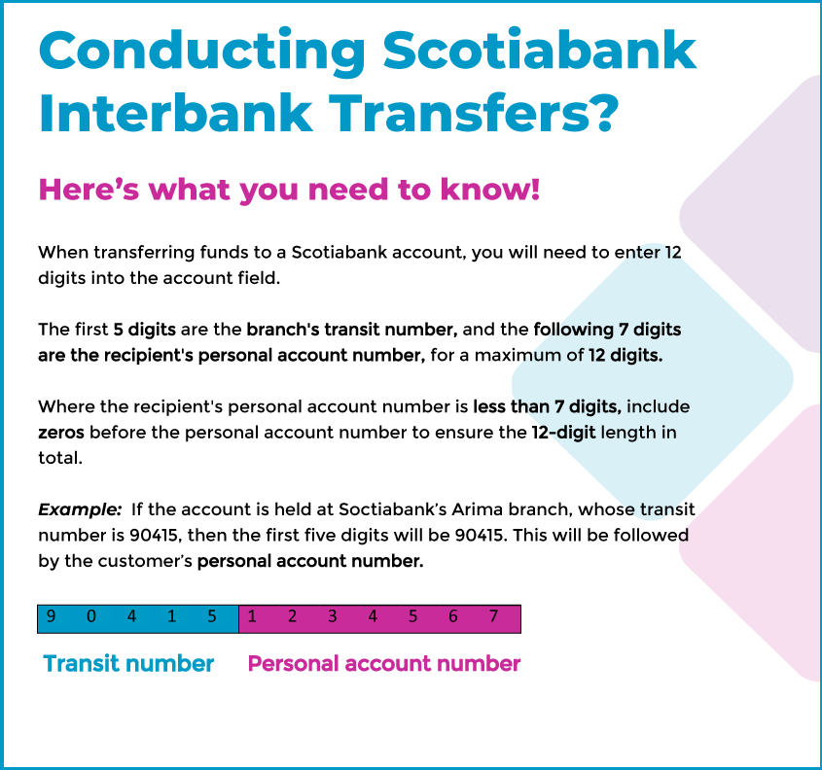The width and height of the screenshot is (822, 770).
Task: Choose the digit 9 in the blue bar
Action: pos(51,616)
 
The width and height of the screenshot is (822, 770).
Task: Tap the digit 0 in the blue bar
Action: pos(91,616)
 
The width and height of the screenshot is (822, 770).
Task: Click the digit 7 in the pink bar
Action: pos(493,616)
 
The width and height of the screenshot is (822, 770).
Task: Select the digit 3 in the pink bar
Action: pos(332,616)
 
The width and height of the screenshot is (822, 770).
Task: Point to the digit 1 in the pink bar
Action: pos(252,616)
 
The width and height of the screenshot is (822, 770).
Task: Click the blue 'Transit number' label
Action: pos(128,664)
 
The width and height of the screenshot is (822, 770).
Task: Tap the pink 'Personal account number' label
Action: pos(384,664)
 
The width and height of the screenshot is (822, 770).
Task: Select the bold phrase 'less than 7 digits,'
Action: pos(547,406)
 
